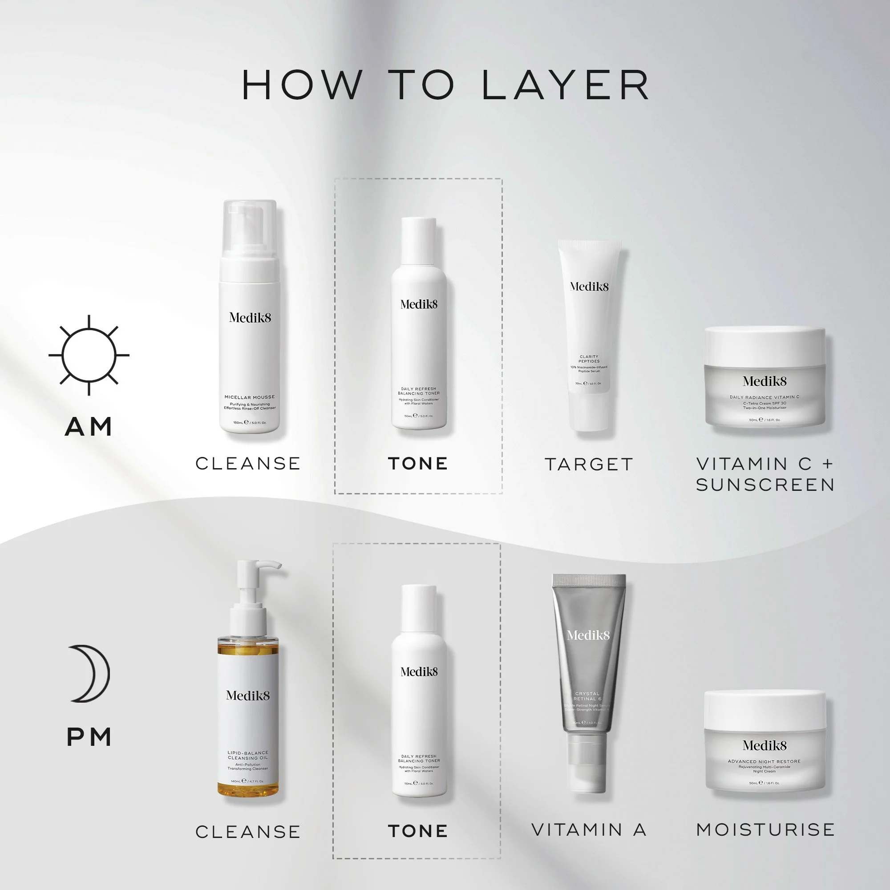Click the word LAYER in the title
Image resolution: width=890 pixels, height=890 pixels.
click(566, 85)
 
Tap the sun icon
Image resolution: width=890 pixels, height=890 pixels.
click(89, 355)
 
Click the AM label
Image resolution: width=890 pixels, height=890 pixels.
click(89, 427)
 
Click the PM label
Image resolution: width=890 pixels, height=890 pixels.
click(89, 736)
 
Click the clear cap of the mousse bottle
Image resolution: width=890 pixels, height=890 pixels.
click(249, 228)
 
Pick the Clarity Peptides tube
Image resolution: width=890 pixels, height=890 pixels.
click(589, 336)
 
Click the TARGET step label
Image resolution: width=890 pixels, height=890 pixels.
click(589, 464)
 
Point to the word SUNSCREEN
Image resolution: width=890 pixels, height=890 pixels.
click(765, 485)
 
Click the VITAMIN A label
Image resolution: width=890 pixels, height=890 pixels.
click(589, 829)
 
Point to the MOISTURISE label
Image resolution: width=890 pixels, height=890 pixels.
click(765, 829)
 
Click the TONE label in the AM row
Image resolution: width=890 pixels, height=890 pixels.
click(418, 463)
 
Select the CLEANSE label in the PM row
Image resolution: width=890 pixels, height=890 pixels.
click(248, 832)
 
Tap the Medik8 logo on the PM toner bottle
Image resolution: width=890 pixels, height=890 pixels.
click(419, 672)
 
